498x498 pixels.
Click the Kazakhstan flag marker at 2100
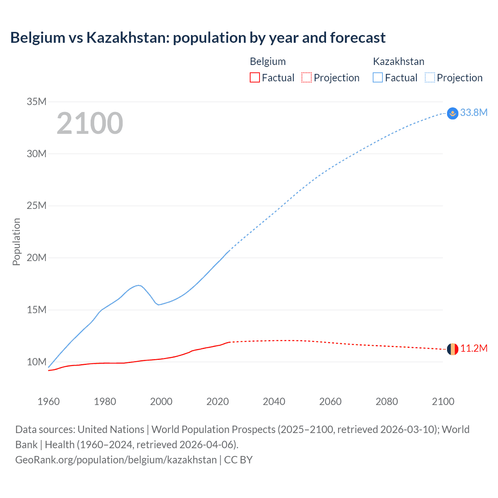(452, 113)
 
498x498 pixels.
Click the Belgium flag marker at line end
(452, 349)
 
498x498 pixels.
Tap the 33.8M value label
(473, 112)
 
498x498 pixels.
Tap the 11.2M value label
(473, 348)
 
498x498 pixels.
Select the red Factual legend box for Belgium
(254, 78)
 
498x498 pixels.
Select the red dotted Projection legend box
(307, 78)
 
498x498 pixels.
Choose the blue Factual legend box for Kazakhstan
(378, 78)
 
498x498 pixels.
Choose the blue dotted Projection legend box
(430, 78)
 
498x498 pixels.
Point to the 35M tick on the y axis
(37, 102)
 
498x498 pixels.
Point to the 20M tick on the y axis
(37, 258)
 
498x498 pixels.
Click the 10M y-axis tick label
(37, 362)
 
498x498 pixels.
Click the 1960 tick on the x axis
(49, 402)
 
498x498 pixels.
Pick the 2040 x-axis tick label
(274, 402)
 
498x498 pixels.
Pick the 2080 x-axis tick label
(387, 402)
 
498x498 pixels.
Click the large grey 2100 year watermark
(90, 123)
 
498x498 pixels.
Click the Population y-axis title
(16, 242)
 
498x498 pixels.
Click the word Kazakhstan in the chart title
(128, 38)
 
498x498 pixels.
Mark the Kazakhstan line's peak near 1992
(138, 285)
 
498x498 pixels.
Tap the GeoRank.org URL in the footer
(116, 459)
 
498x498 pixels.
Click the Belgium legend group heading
(268, 61)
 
